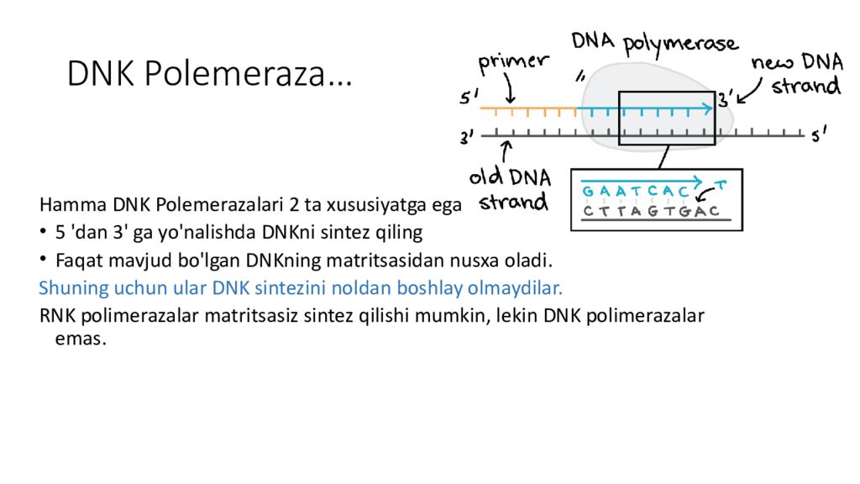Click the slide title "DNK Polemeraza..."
pos(209,75)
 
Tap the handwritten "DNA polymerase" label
pos(654,44)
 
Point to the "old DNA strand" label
pos(511,189)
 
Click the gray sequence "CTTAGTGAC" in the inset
pos(652,211)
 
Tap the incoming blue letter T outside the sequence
pos(719,184)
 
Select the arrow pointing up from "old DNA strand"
pos(506,152)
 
